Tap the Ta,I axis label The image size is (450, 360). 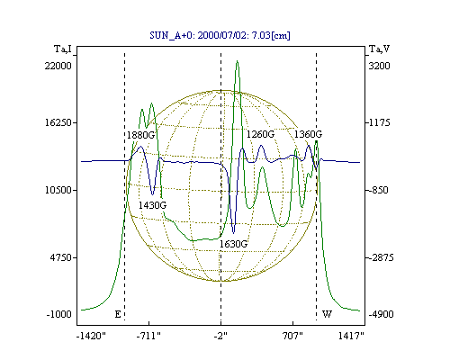coord(63,49)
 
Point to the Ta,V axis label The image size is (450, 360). coord(379,49)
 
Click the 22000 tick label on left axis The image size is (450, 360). coord(58,66)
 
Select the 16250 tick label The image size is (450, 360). coord(58,122)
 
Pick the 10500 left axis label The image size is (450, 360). coord(58,190)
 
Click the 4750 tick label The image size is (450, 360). coord(61,257)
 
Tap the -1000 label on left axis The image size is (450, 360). coord(59,314)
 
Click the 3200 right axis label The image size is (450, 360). coord(379,66)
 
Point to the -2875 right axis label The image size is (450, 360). coord(381,257)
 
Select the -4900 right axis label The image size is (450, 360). coord(381,314)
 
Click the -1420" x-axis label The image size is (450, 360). coord(92,336)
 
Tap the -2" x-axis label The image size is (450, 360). coord(220,336)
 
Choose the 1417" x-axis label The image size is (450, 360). coord(351,336)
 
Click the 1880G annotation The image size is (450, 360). coord(140,135)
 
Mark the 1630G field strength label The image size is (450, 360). coord(233,244)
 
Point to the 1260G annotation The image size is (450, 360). coord(260,134)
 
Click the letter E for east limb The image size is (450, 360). coord(118,314)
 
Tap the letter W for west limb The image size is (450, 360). coord(327,314)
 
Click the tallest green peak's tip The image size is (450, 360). coord(238,61)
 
